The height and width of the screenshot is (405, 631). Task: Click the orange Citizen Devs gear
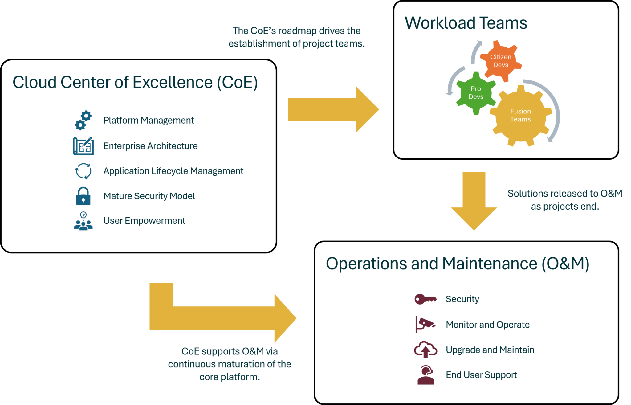click(x=501, y=61)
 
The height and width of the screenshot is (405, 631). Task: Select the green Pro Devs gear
click(x=476, y=93)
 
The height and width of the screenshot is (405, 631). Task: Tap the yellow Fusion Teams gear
click(x=520, y=116)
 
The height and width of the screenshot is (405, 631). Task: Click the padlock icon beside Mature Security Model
click(x=83, y=196)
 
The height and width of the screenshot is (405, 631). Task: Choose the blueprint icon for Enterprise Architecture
click(x=83, y=146)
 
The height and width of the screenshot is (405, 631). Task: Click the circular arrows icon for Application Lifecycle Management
click(x=83, y=171)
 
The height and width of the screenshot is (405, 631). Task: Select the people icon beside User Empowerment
click(x=83, y=221)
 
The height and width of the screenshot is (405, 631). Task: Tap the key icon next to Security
click(x=425, y=299)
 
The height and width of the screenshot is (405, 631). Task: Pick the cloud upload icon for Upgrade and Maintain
click(x=425, y=350)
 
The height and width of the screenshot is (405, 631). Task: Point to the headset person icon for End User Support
click(x=425, y=375)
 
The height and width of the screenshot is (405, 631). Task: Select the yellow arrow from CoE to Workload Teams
click(x=333, y=109)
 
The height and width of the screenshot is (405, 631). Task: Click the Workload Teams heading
click(x=466, y=23)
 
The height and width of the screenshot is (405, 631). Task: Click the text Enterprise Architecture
click(x=150, y=146)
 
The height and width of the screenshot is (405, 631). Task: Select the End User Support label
click(x=481, y=375)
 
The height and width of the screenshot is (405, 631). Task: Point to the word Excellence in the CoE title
click(x=173, y=83)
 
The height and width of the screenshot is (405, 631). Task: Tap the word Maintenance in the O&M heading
click(x=490, y=264)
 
